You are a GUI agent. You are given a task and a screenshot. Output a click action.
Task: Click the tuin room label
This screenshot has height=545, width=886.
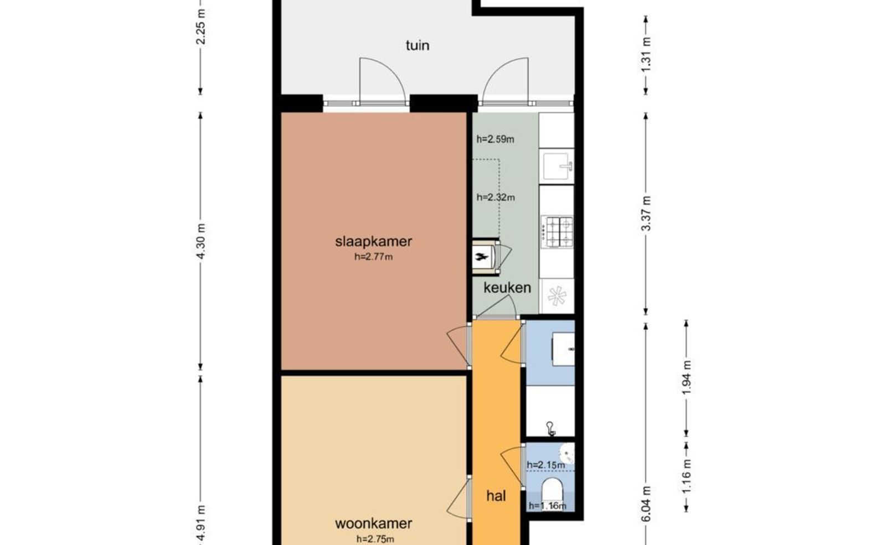click(x=418, y=45)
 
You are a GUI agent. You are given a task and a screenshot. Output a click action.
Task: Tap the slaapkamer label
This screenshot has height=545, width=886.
click(x=373, y=241)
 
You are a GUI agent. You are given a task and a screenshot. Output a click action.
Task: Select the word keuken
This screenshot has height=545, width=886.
click(x=507, y=287)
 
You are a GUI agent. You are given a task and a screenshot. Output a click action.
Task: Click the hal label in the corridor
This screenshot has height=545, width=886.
click(x=496, y=496)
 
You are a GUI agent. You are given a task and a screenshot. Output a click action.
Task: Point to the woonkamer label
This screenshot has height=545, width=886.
click(x=373, y=523)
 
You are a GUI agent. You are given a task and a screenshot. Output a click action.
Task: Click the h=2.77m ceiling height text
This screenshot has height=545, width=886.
click(x=373, y=257)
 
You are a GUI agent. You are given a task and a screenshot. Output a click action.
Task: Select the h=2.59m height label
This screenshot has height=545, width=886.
click(x=495, y=139)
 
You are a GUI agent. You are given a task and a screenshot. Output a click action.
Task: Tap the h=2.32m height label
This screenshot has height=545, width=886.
click(x=496, y=197)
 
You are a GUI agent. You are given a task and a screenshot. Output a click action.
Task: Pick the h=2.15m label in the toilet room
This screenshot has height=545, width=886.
click(x=546, y=465)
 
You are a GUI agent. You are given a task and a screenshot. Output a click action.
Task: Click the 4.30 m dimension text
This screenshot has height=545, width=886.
click(x=201, y=241)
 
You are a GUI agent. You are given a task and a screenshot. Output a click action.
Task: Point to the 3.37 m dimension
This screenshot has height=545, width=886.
click(x=646, y=214)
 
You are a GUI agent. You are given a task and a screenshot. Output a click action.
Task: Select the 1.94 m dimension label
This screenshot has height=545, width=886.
click(x=687, y=377)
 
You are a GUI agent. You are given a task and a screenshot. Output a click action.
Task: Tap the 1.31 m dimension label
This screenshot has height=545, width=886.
click(x=646, y=55)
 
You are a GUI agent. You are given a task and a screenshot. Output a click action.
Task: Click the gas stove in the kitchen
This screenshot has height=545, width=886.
click(x=557, y=232)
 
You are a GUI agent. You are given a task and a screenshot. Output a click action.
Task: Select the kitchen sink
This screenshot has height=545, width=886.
click(x=557, y=167)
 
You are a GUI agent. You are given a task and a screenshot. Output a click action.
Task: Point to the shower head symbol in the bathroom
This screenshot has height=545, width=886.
click(x=550, y=428)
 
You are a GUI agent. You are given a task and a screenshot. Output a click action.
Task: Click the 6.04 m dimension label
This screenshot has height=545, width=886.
click(x=646, y=504)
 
